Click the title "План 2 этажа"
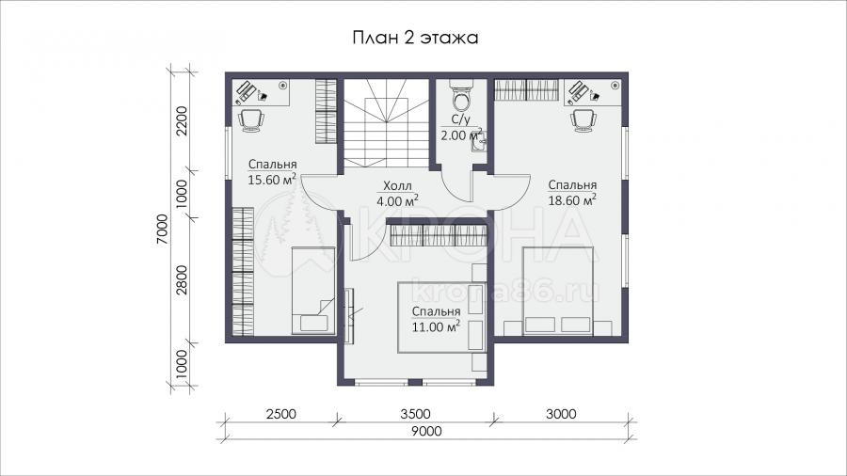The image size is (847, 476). (x=415, y=38)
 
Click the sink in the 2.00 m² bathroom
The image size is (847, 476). (x=480, y=141)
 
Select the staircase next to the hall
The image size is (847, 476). (x=387, y=123)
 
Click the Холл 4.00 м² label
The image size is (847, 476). (x=397, y=194)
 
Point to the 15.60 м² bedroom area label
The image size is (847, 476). (x=272, y=172)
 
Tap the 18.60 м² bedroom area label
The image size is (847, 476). (x=572, y=193)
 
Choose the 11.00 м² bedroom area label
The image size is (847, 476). (x=436, y=319)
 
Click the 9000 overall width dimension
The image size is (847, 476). (x=426, y=431)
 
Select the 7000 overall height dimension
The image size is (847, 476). (x=163, y=229)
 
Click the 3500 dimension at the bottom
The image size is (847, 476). (x=416, y=414)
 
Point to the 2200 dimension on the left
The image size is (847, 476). (x=181, y=121)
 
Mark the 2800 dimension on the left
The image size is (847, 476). (x=181, y=280)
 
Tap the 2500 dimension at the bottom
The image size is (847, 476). (x=280, y=414)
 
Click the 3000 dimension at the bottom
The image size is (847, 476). (x=561, y=414)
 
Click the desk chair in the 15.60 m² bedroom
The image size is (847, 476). (x=251, y=119)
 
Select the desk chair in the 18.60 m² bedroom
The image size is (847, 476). (x=583, y=119)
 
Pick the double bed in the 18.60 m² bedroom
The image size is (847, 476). (x=558, y=291)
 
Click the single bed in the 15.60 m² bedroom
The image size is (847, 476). (x=313, y=291)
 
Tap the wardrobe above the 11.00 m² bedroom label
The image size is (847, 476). (x=438, y=235)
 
